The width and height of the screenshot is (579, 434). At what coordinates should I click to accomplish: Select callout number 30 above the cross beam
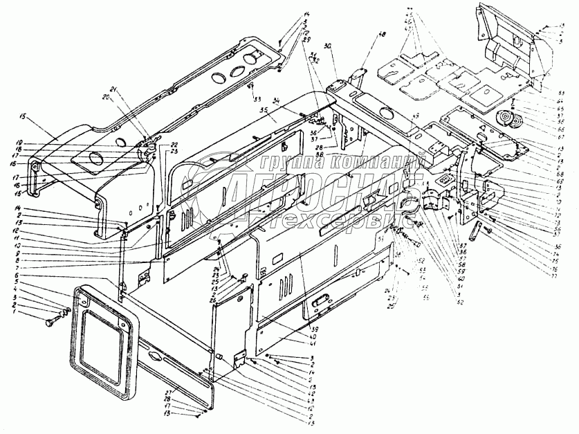tap(328, 46)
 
